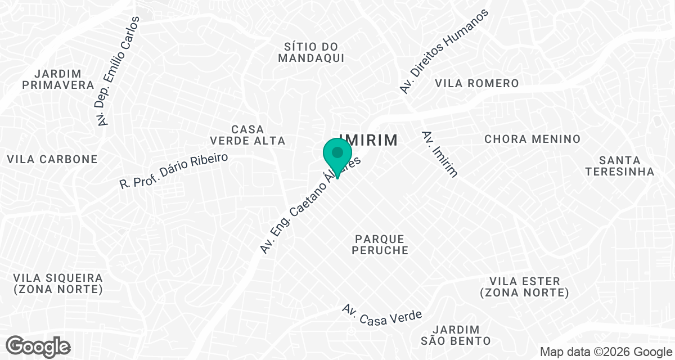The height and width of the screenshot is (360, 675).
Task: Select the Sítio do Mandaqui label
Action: point(311,52)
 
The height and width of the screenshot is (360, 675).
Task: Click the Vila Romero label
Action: point(477,83)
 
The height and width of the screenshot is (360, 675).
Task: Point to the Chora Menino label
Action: point(532,139)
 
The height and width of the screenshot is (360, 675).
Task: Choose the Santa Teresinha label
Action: point(619,166)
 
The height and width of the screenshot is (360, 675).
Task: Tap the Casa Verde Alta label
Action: point(247,135)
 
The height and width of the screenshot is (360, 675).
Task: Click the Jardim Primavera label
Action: point(57,79)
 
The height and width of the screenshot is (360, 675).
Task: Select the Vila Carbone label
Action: point(52,159)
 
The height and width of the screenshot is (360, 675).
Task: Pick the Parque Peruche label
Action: point(380,244)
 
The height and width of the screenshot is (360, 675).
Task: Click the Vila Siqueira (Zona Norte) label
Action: point(58,284)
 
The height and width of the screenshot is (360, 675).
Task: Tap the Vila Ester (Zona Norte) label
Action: point(524,287)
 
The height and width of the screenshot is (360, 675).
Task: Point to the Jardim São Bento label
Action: point(456,335)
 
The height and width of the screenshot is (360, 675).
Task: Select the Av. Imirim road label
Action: point(439,154)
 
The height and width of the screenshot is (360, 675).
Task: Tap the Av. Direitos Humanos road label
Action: point(443,51)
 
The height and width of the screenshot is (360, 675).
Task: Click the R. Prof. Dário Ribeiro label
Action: point(174,170)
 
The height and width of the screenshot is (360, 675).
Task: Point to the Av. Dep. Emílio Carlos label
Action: point(118,70)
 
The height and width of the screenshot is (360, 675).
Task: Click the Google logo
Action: point(38,346)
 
